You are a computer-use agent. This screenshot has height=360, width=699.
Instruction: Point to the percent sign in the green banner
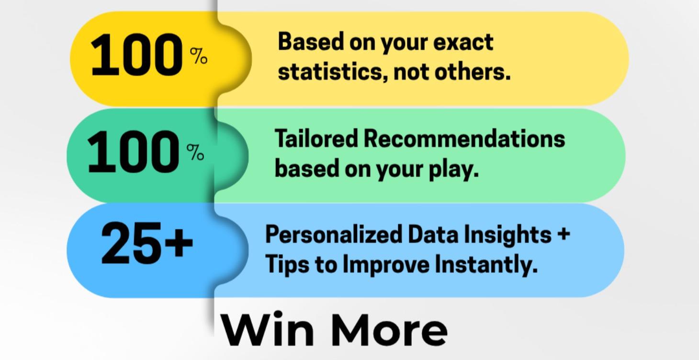pyautogui.click(x=195, y=153)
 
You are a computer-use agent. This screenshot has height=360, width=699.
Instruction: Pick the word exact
pyautogui.click(x=463, y=42)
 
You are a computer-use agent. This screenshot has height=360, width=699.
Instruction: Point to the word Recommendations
pyautogui.click(x=464, y=139)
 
